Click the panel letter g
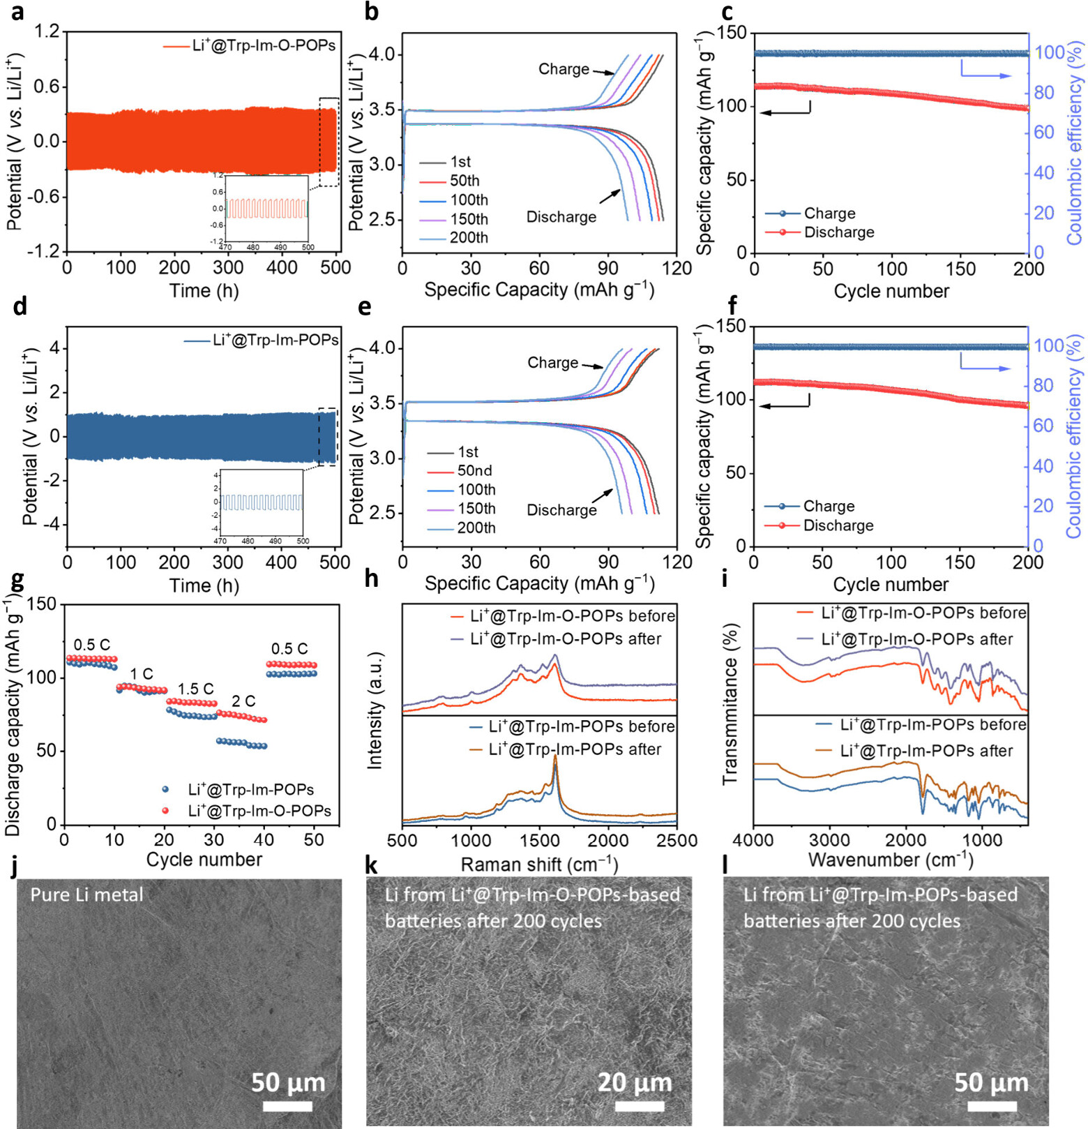17,579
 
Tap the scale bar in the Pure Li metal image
287,1106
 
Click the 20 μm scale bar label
635,1082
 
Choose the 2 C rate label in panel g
243,701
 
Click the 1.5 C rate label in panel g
195,689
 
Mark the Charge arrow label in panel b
564,69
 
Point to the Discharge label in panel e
561,510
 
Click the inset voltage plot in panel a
266,209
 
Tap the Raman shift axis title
539,865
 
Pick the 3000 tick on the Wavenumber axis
830,839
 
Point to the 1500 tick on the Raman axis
539,840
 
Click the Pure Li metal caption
86,895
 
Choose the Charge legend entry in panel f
829,506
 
